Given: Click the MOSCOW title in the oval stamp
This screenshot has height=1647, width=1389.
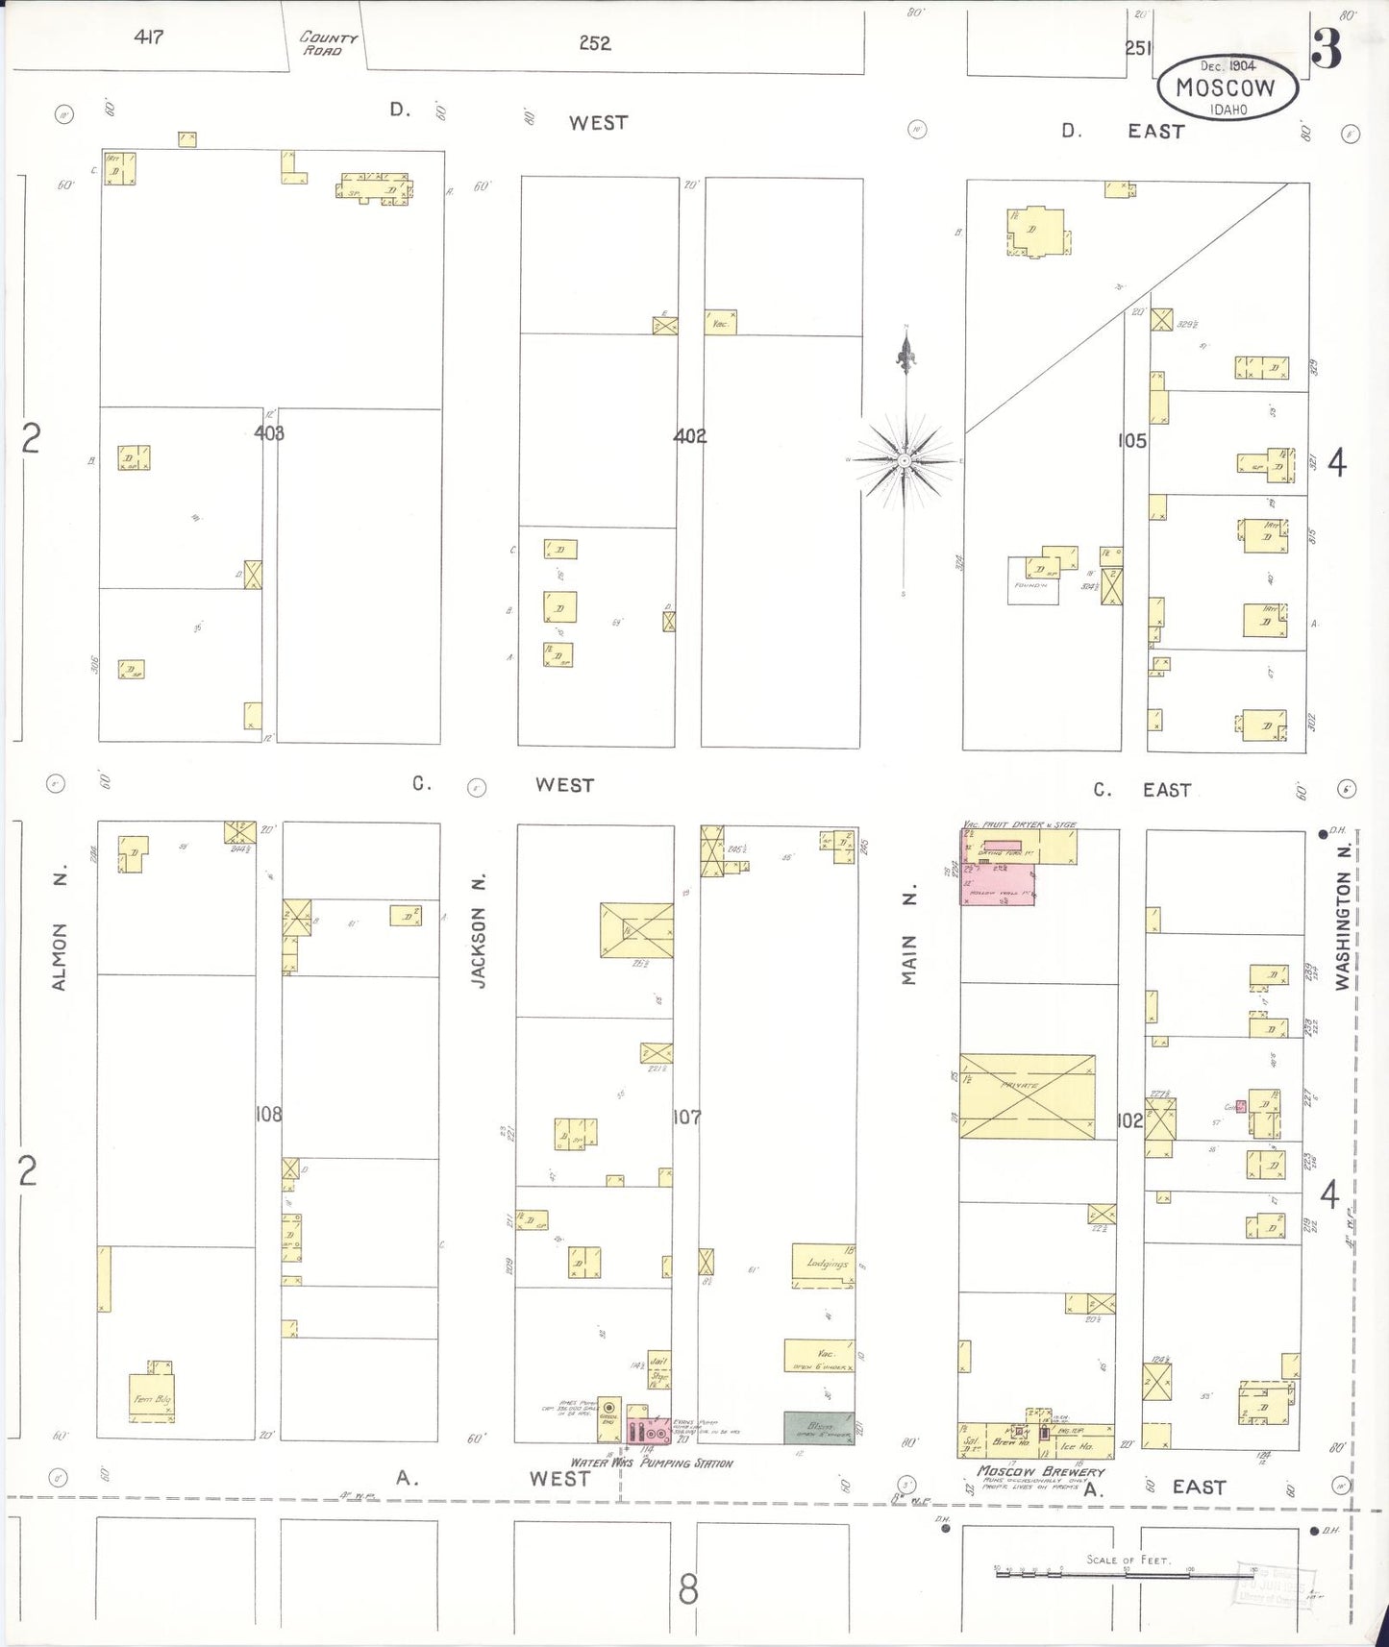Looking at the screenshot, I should (x=1226, y=87).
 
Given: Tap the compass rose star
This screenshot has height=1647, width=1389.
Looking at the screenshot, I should (x=905, y=461).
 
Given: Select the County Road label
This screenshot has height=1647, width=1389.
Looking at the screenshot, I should (x=328, y=43).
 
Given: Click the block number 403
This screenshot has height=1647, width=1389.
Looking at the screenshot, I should (x=269, y=433).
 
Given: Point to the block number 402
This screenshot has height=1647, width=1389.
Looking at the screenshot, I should (x=689, y=436).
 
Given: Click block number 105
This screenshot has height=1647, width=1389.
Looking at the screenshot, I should (x=1131, y=441).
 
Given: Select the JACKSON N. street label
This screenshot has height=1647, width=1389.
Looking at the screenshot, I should (x=479, y=930).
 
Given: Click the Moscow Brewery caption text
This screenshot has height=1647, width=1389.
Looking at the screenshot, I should (x=1041, y=1471).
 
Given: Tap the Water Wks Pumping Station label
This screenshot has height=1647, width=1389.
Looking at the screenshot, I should (x=652, y=1463).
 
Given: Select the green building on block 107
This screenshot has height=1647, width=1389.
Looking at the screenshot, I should (x=818, y=1427).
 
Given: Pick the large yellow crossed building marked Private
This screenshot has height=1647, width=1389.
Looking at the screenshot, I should (x=1027, y=1096).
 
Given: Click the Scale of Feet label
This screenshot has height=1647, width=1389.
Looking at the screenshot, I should (x=1128, y=1560).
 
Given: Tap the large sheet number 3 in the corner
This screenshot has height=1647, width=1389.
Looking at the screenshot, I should (x=1327, y=49).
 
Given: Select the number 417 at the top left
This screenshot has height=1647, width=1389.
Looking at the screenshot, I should (x=149, y=37).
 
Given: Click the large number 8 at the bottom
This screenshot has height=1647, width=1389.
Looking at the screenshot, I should (x=688, y=1589).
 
